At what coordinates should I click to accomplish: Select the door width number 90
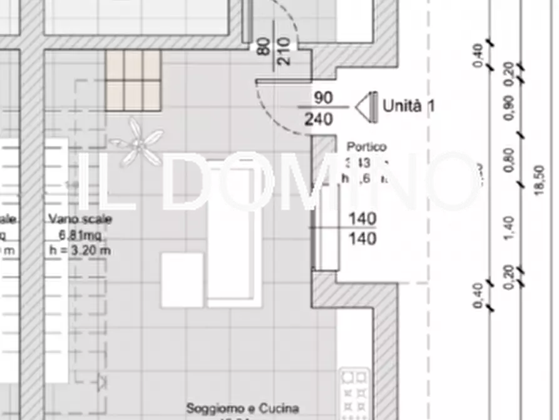click(x=323, y=98)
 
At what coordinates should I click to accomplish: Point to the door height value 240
click(x=319, y=118)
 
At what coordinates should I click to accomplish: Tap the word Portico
click(x=366, y=147)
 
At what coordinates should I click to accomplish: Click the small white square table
click(x=182, y=280)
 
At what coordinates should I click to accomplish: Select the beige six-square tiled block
click(x=133, y=80)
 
